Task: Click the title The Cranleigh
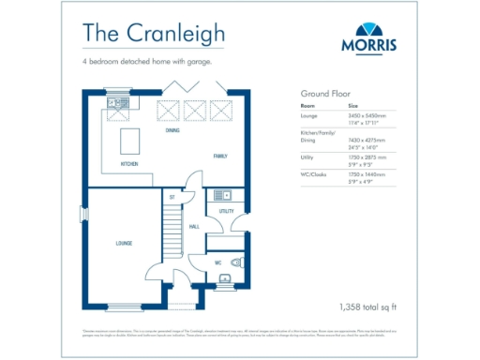pos(153,31)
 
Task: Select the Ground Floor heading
pos(323,95)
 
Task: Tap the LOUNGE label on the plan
pos(124,244)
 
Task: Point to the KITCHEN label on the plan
pos(129,164)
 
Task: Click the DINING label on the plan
pos(172,131)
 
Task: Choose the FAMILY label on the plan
pos(220,156)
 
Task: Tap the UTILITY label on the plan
pos(226,212)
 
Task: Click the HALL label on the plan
pos(194,227)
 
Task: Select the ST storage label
pos(172,197)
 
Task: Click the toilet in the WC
pos(236,262)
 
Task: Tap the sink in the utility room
pos(221,195)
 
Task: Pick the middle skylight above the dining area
pos(195,111)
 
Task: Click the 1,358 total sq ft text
pos(367,307)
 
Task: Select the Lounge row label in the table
pos(308,115)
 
